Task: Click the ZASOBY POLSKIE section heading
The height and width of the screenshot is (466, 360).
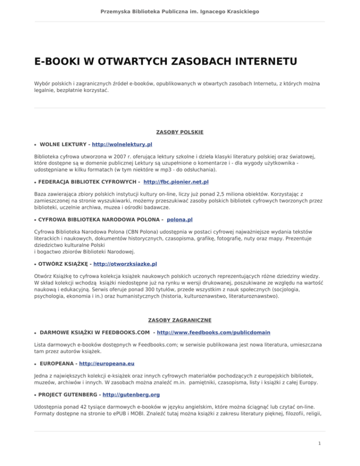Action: pyautogui.click(x=180, y=133)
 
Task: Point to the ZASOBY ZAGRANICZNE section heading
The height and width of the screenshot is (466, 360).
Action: pyautogui.click(x=180, y=320)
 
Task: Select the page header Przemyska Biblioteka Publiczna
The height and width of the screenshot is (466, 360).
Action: pyautogui.click(x=180, y=10)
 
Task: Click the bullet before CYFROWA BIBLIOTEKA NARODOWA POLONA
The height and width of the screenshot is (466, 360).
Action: pyautogui.click(x=36, y=219)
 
